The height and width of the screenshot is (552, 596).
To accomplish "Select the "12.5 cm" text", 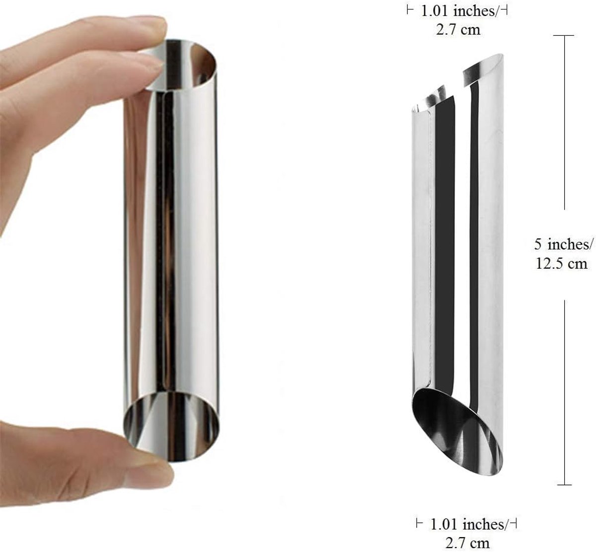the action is coord(562,263).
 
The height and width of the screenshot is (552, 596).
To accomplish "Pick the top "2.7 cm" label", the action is coord(458,29).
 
